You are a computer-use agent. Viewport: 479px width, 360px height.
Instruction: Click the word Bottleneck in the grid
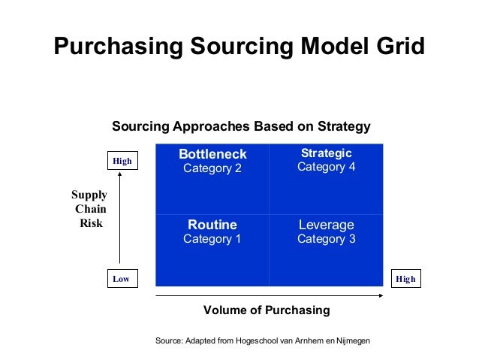(x=212, y=154)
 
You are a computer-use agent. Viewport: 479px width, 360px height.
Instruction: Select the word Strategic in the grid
(x=326, y=153)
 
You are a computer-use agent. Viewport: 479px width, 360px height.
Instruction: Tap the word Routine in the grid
(x=212, y=225)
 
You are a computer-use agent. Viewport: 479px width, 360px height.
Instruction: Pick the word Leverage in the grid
(x=326, y=225)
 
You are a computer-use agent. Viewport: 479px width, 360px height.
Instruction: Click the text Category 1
(x=212, y=239)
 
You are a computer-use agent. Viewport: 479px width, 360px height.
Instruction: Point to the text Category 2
(x=212, y=168)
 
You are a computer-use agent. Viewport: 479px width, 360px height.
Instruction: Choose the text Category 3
(x=326, y=239)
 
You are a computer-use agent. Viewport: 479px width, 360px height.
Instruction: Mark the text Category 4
(x=326, y=167)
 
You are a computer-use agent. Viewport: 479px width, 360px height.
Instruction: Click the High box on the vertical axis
(x=122, y=161)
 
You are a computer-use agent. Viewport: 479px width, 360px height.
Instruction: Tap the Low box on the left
(x=121, y=279)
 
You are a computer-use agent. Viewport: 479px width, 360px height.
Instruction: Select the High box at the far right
(x=405, y=279)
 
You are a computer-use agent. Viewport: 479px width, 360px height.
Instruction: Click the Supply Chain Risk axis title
(x=89, y=209)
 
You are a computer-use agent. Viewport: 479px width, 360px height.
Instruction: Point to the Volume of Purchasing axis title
(x=267, y=310)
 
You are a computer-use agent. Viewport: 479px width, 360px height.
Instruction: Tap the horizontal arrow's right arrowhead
(x=383, y=296)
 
